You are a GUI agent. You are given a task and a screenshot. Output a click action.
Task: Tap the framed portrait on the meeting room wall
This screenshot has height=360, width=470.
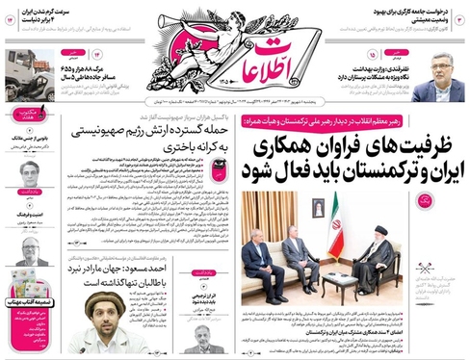coord(318,206)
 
